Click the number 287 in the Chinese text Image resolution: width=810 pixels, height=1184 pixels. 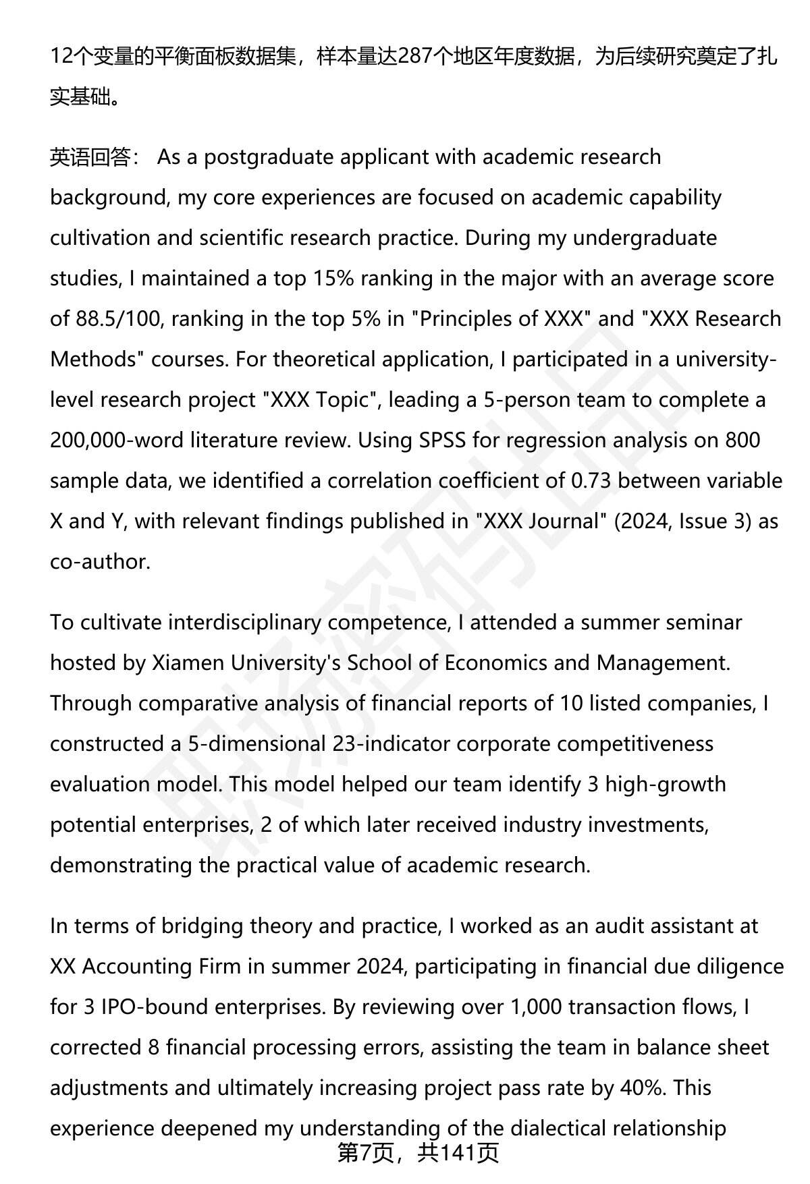pyautogui.click(x=414, y=57)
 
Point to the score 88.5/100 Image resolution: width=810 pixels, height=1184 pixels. pyautogui.click(x=117, y=319)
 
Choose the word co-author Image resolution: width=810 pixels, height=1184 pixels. pyautogui.click(x=99, y=562)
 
